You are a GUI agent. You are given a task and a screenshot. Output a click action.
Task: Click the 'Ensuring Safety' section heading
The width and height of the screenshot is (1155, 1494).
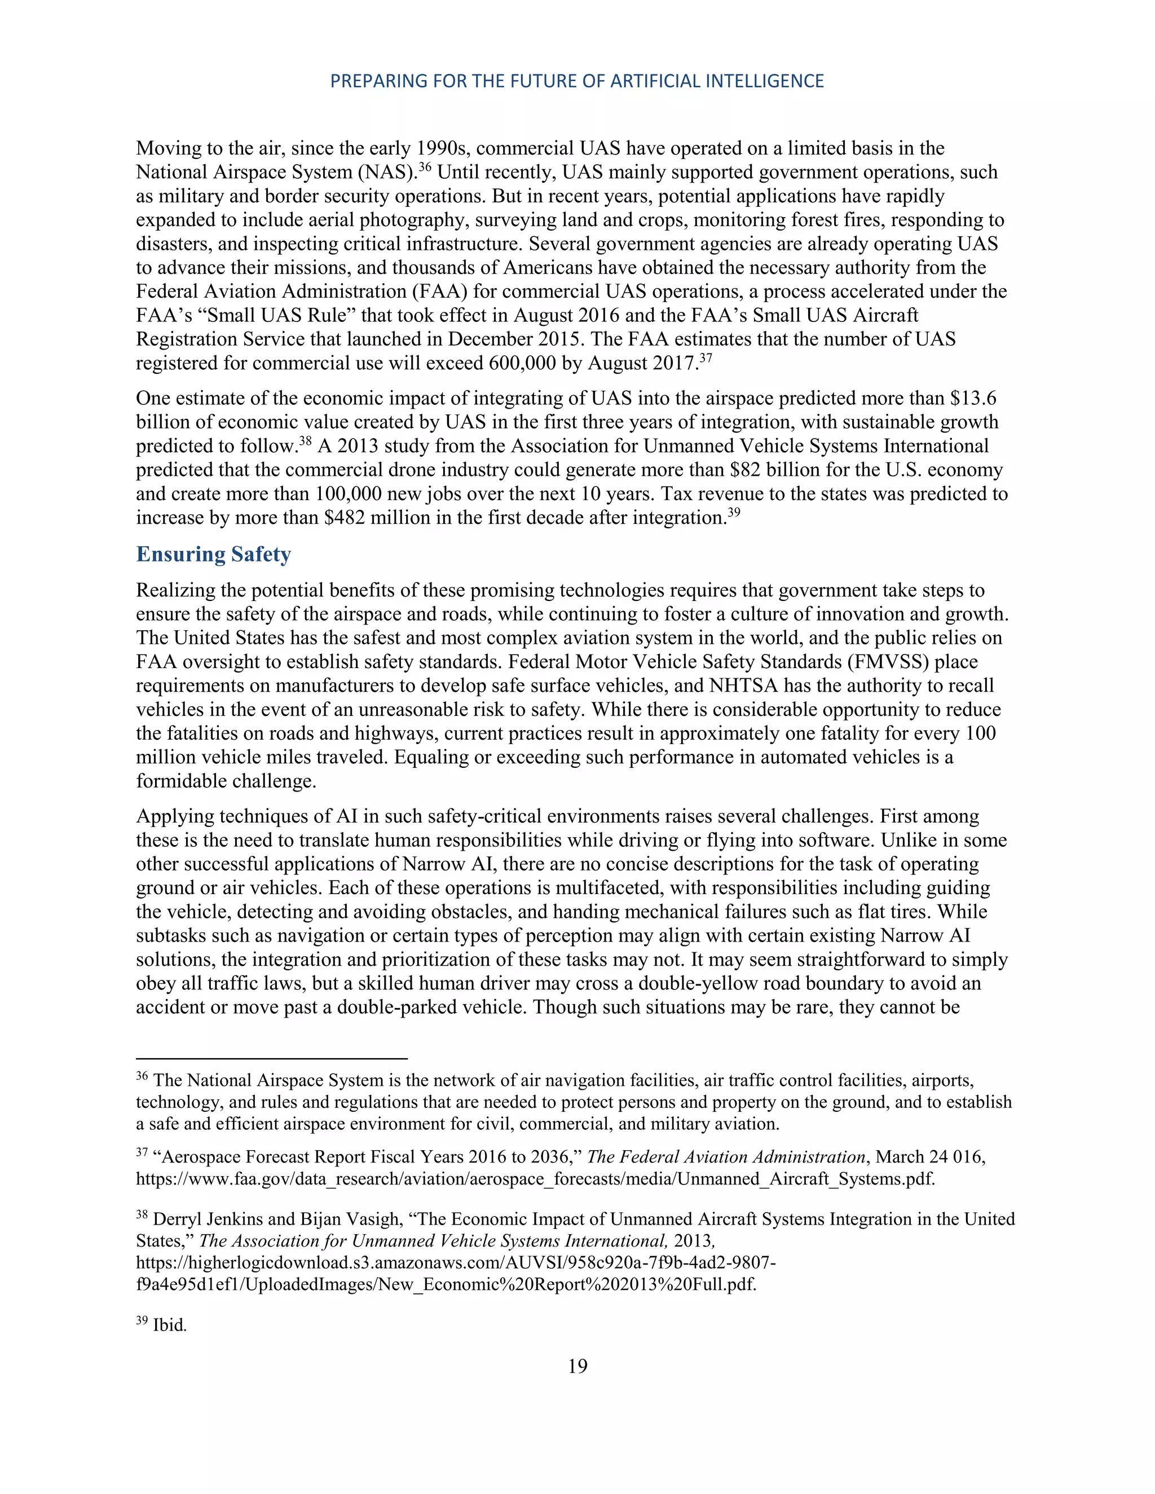[x=214, y=554]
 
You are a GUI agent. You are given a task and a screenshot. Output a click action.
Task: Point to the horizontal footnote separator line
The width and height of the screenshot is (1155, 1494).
[x=272, y=1059]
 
